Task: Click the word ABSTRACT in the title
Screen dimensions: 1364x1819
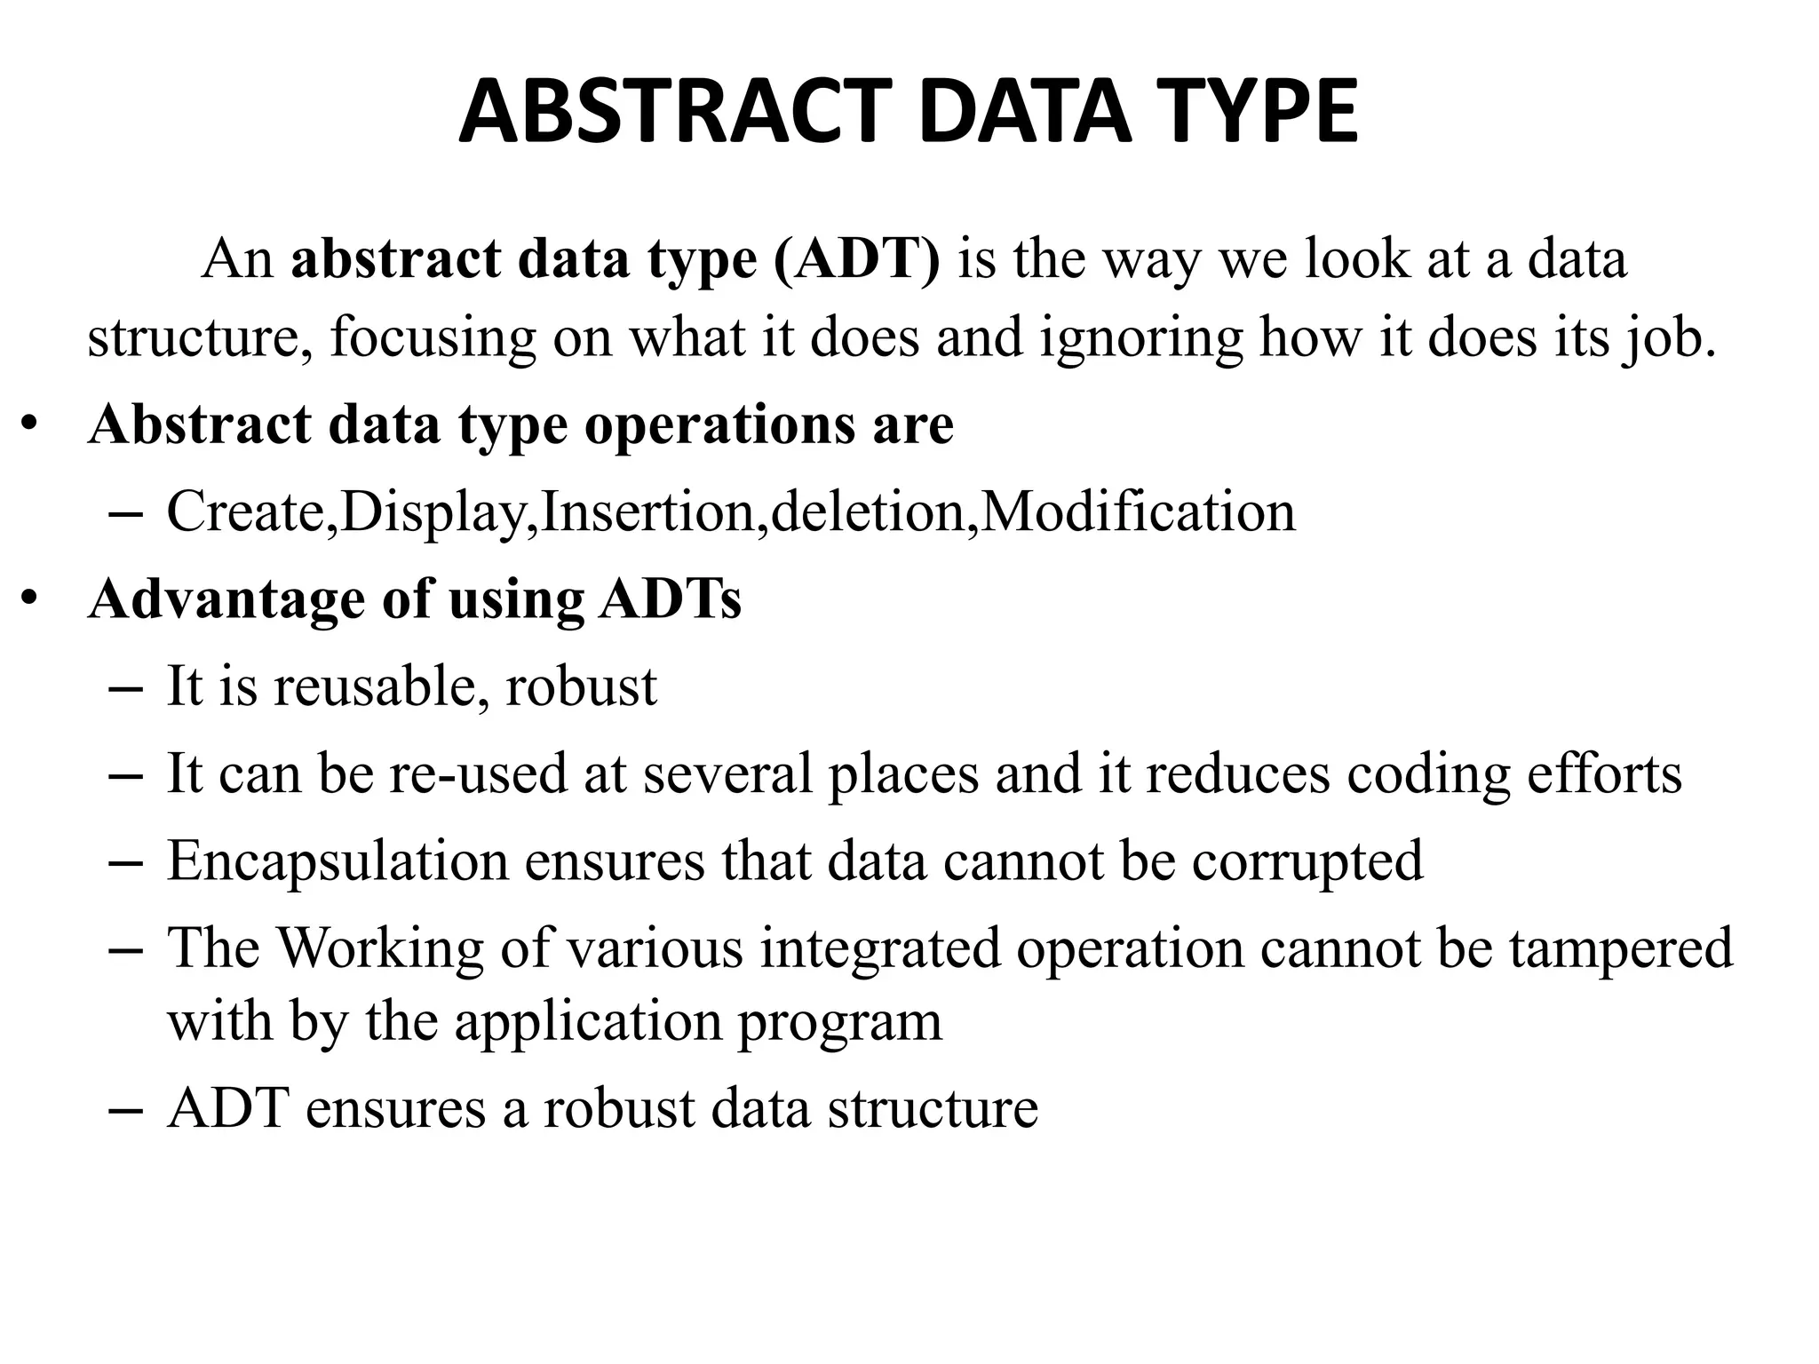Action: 675,113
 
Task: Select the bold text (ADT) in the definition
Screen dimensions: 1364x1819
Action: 856,259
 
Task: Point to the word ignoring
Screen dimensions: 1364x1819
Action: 1140,338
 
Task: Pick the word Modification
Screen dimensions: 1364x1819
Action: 1137,511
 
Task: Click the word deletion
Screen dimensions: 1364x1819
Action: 867,511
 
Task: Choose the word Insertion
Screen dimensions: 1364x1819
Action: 647,511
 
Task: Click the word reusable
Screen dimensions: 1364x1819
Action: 379,686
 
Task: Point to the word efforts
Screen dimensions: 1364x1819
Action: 1604,773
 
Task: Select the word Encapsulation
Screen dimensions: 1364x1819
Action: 338,860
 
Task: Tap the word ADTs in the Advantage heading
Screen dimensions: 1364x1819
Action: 670,599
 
